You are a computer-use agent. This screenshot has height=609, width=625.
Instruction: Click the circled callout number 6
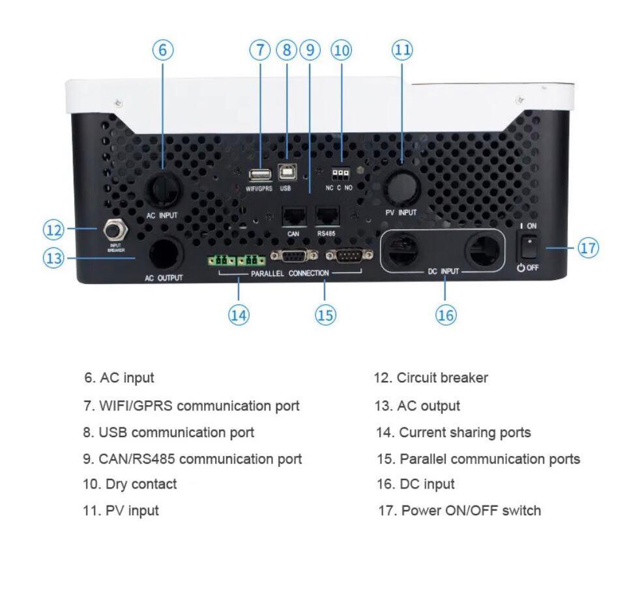point(163,50)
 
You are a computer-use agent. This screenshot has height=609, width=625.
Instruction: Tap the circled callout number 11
point(402,50)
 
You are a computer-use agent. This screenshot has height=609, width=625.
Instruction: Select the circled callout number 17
point(588,248)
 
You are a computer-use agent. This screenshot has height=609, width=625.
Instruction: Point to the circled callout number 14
point(239,315)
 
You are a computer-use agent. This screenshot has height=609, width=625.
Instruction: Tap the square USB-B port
point(285,171)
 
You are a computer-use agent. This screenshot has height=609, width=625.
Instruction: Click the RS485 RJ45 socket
point(327,216)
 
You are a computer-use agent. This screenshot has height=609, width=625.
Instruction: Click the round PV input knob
point(400,184)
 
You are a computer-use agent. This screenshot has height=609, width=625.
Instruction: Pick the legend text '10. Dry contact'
point(130,485)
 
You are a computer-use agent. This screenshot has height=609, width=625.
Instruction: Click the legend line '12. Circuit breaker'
point(430,378)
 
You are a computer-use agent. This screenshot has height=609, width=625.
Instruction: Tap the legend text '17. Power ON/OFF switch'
point(459,511)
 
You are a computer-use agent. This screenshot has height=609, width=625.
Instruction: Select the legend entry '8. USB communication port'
point(169,432)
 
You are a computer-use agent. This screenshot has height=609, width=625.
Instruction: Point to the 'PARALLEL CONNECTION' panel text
point(290,274)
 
